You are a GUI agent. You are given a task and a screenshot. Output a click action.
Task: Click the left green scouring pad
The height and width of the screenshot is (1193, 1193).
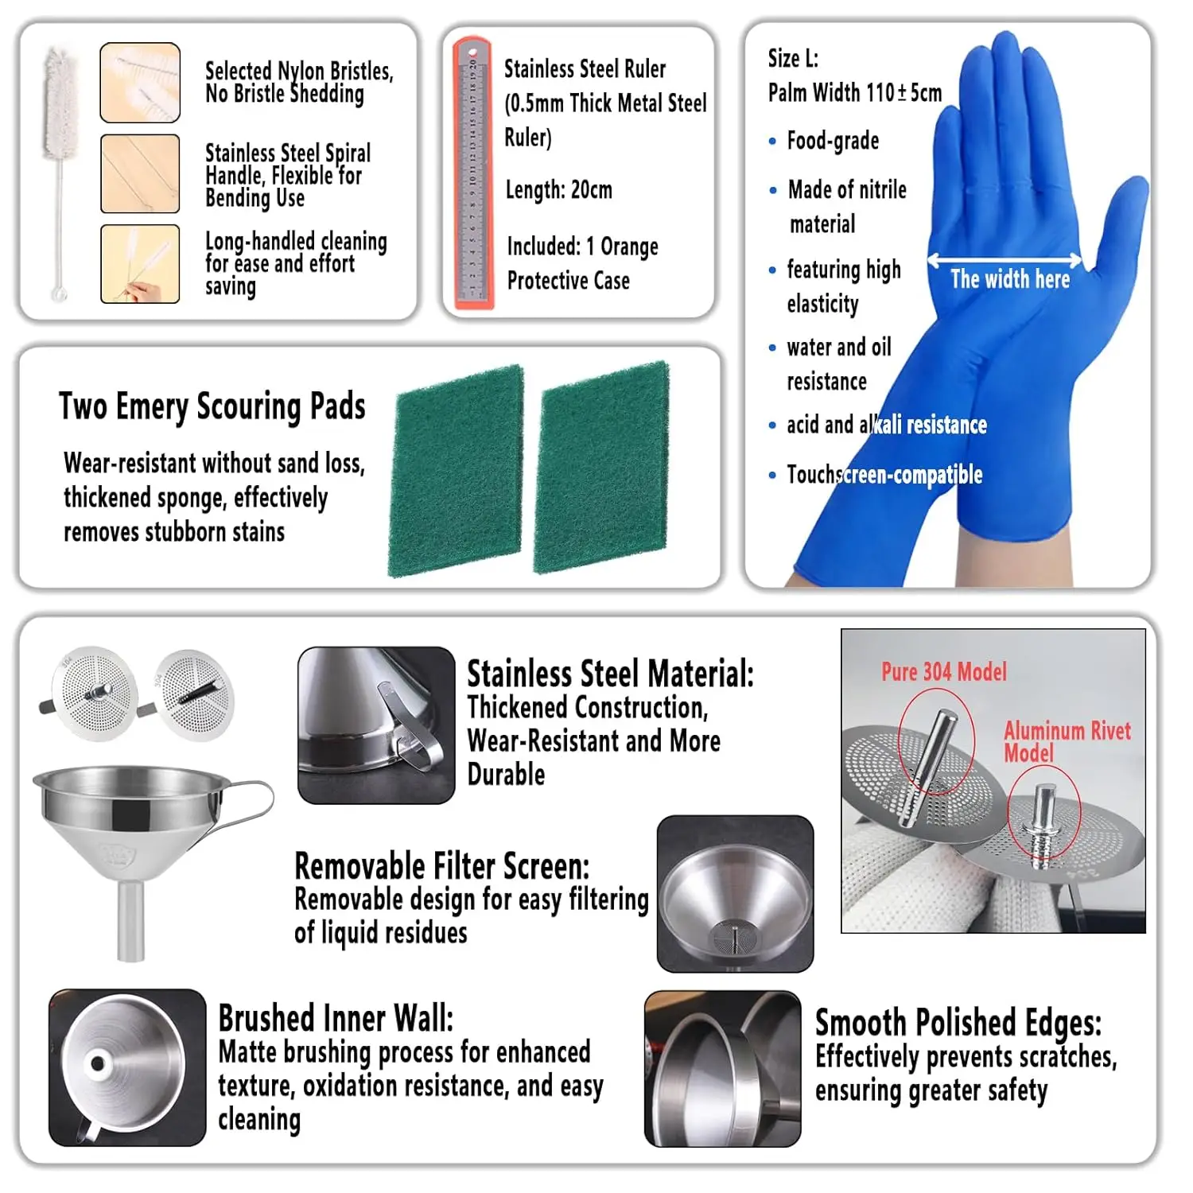coord(456,471)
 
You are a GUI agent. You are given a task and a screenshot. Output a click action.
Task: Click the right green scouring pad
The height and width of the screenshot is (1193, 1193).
coord(601,468)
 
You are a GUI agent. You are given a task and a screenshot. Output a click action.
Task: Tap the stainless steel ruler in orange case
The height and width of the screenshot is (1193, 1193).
coord(473,173)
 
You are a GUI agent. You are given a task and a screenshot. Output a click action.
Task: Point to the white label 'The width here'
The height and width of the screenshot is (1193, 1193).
coord(1010,279)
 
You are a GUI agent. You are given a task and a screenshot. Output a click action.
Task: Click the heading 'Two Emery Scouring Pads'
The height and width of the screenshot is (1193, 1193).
coord(212,406)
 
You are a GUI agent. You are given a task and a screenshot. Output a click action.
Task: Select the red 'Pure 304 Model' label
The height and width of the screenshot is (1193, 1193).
coord(944,672)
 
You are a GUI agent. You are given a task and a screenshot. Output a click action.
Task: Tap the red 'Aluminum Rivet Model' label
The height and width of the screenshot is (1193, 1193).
coord(1066,741)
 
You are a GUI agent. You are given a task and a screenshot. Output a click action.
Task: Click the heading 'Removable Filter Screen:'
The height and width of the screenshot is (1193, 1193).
coord(442,866)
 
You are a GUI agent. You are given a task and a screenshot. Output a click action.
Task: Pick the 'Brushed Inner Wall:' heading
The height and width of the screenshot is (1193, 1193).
coord(336,1018)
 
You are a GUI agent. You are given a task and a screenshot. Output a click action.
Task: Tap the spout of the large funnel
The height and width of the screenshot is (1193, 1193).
coord(131,920)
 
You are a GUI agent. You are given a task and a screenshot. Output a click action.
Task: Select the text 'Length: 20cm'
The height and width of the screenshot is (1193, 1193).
coord(559,190)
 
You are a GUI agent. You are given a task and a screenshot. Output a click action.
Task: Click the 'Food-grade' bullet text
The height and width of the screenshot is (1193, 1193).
coord(833,141)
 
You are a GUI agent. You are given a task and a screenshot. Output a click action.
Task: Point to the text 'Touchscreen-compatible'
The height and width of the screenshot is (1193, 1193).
coord(884,475)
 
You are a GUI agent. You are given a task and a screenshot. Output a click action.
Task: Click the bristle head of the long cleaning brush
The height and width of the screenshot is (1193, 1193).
coord(61,105)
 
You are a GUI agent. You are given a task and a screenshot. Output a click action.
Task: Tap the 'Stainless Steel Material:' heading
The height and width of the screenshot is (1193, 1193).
coord(610,674)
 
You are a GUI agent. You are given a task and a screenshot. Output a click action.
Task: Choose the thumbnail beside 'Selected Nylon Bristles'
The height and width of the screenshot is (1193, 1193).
coord(140,83)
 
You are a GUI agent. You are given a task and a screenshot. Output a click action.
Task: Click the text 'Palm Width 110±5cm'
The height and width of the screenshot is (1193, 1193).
coord(855,93)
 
